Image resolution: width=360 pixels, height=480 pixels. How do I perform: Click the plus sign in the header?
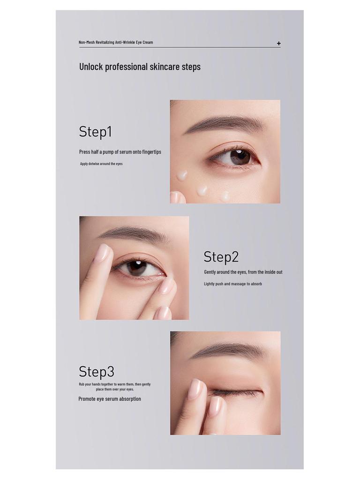coord(278,44)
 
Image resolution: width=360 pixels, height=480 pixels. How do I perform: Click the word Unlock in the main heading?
coord(91,67)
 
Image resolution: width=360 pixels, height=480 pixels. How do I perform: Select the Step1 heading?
coord(96,132)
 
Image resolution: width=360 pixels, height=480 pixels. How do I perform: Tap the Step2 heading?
coord(221,257)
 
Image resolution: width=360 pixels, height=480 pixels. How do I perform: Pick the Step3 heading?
coord(97,371)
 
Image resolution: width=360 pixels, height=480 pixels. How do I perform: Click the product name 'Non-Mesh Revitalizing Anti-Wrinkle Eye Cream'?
coord(116,42)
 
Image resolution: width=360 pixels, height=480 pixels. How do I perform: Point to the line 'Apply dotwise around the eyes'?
coord(101,164)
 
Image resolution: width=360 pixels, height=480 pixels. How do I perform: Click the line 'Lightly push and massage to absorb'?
coord(233,284)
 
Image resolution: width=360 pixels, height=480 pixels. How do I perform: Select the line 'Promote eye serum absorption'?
coord(110,399)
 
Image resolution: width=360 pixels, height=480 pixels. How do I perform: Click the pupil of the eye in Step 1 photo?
coord(240,155)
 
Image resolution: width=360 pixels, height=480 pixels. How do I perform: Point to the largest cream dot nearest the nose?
coord(183,175)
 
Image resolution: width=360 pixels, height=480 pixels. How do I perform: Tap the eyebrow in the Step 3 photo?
coord(228,351)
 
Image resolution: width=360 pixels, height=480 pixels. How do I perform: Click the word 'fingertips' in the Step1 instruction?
coord(151,152)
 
